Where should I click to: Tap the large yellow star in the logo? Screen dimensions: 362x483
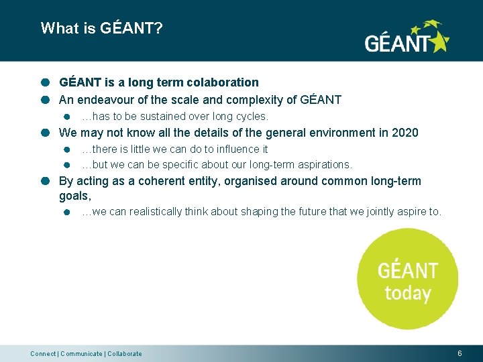439,42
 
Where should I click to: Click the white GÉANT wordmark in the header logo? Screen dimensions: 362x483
396,44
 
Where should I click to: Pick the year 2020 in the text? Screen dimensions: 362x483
405,133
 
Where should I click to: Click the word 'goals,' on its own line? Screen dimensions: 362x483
74,196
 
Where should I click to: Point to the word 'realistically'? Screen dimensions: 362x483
156,212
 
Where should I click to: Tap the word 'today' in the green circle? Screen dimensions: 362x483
407,294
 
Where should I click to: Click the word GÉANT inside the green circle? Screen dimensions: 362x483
407,271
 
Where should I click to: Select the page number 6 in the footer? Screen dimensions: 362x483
460,353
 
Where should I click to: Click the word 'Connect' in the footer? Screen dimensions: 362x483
43,354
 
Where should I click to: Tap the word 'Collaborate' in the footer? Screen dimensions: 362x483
124,354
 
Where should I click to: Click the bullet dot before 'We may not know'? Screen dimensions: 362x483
45,133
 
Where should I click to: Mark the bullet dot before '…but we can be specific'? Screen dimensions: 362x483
67,165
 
